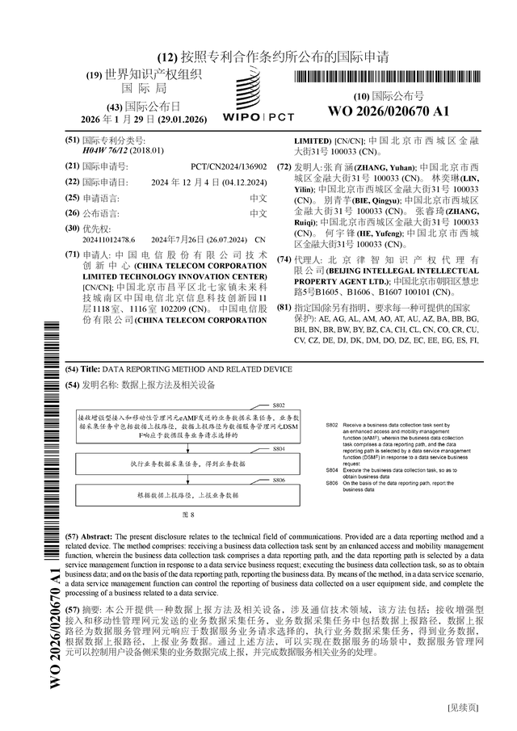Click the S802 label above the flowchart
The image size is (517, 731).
click(x=279, y=404)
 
